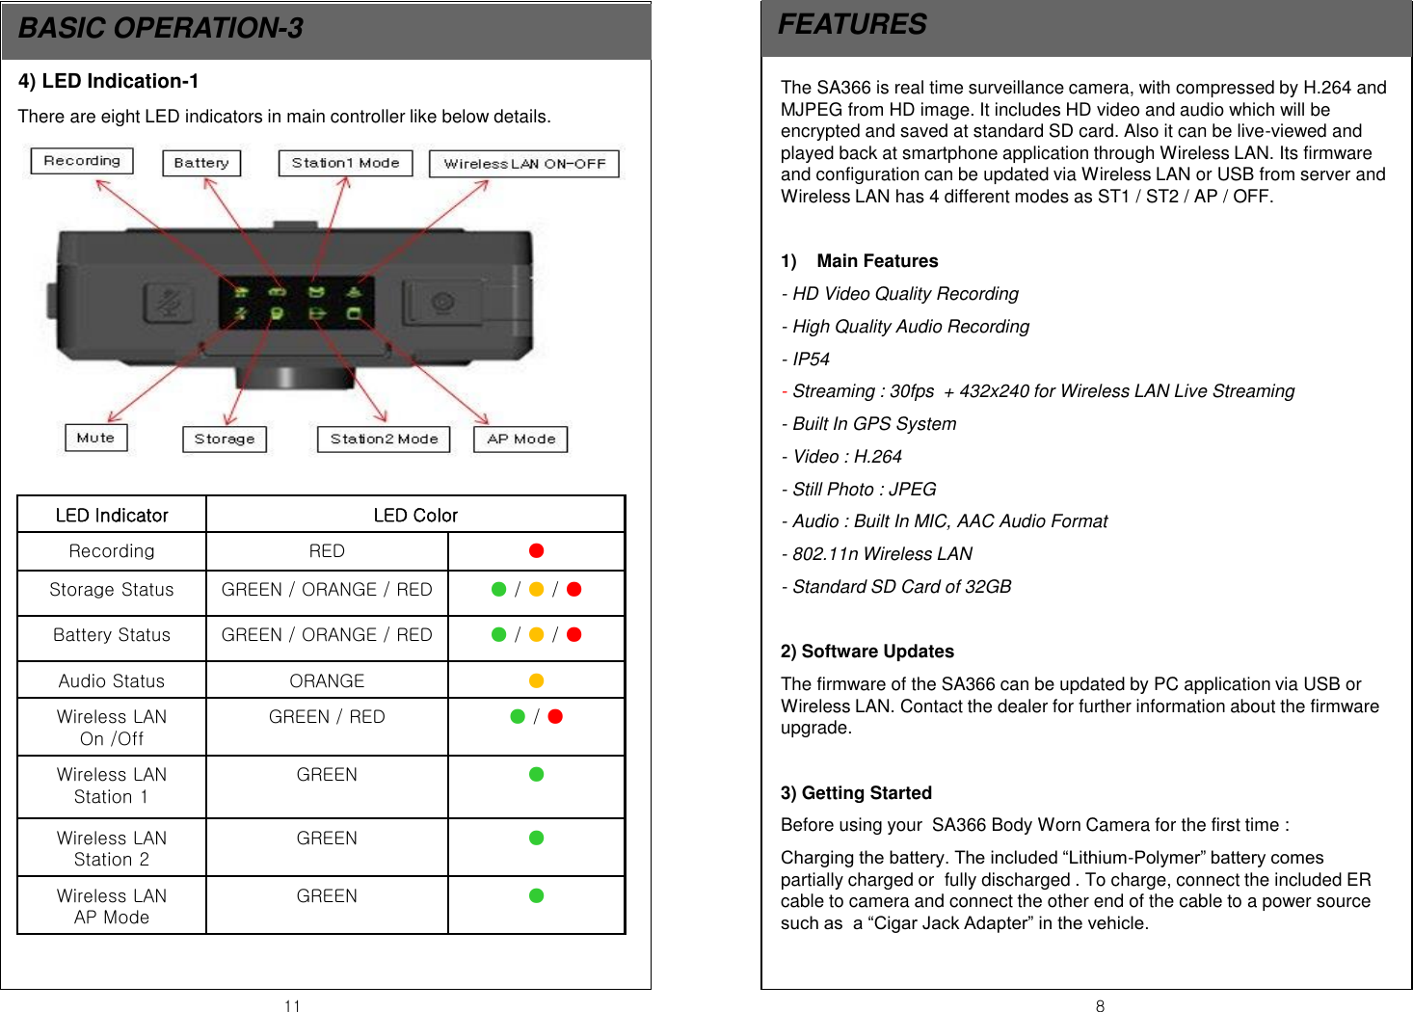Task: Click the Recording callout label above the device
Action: [x=82, y=161]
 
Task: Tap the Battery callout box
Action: [x=201, y=163]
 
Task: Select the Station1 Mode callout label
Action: [x=345, y=163]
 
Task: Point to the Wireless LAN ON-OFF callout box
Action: [x=524, y=164]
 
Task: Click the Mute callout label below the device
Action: [x=95, y=438]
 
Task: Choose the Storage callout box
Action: [x=224, y=439]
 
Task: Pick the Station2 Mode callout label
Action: [x=384, y=439]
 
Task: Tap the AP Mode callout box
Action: [x=520, y=439]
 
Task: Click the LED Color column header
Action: [x=415, y=516]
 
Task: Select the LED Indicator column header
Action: [x=112, y=516]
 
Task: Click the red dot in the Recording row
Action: [x=537, y=550]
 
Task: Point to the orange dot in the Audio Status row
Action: [x=537, y=680]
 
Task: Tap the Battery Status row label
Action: [x=112, y=635]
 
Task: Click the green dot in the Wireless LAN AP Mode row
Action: [x=537, y=895]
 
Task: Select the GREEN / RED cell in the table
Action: [x=327, y=717]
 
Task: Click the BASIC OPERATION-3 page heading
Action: [x=161, y=29]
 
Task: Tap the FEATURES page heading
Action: [x=852, y=25]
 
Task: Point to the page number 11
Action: [x=292, y=1006]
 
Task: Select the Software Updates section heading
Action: [x=867, y=652]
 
